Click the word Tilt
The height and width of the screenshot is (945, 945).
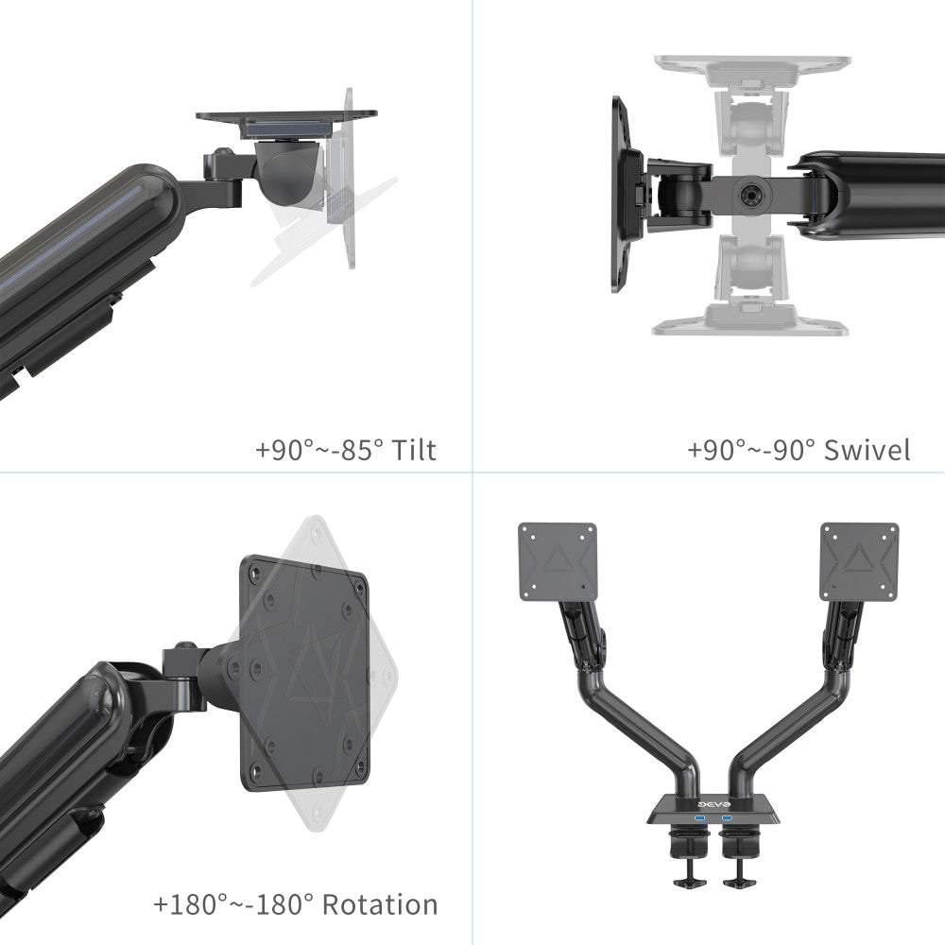tap(414, 450)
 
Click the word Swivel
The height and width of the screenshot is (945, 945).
tap(867, 450)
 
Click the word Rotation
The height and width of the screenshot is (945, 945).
tap(380, 904)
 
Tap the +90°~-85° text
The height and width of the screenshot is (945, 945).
tap(319, 450)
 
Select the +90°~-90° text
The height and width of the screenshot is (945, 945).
tap(751, 450)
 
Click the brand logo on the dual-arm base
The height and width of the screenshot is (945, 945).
tap(713, 805)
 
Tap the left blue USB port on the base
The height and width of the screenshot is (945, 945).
tap(699, 817)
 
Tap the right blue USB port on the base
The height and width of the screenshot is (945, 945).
tap(727, 817)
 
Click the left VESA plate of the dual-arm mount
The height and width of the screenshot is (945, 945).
tap(558, 561)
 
